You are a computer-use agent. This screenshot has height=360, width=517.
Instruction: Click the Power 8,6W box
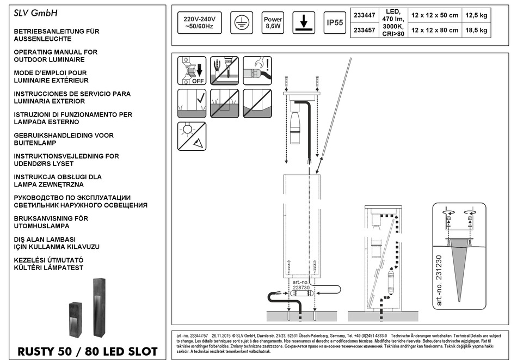click(x=273, y=22)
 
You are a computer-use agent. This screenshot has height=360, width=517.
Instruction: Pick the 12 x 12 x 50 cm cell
click(x=435, y=16)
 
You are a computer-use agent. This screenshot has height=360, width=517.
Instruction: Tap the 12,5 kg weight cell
click(x=477, y=16)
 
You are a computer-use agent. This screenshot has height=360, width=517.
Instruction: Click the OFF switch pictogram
click(x=192, y=70)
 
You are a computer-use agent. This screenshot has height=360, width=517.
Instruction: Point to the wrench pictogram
click(x=257, y=70)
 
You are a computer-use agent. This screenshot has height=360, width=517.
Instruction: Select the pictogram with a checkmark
click(x=192, y=103)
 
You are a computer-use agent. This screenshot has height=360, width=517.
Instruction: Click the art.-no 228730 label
click(x=301, y=285)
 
